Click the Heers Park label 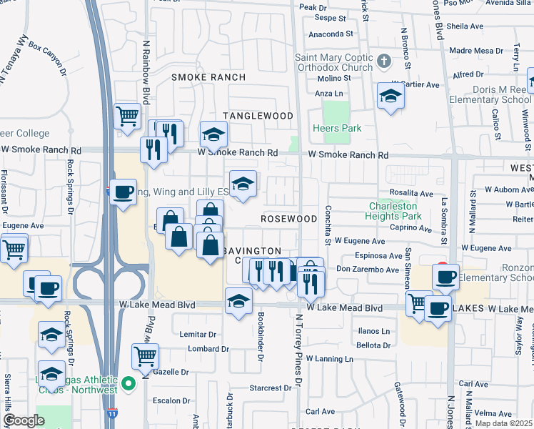[337, 128]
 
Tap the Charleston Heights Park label [393, 209]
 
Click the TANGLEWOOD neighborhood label [258, 116]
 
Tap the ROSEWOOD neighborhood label [288, 218]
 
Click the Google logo [24, 420]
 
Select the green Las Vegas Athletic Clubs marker [129, 385]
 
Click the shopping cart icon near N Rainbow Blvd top [128, 114]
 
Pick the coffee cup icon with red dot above [445, 275]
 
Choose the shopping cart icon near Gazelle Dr [146, 355]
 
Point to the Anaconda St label [331, 34]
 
